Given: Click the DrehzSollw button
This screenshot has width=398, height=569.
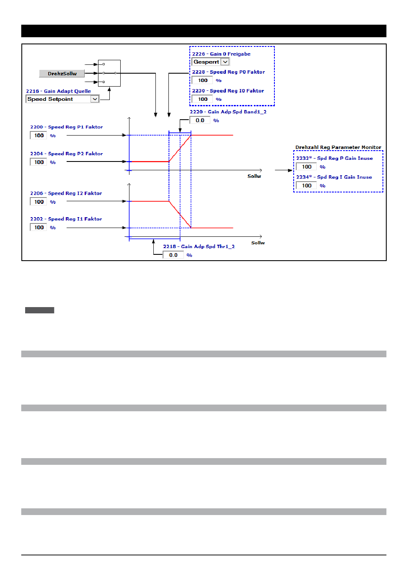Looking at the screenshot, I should coord(62,74).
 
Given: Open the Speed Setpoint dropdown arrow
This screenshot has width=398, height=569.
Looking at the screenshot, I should coord(95,99).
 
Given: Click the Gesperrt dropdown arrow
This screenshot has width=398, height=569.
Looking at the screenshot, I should coord(225,62).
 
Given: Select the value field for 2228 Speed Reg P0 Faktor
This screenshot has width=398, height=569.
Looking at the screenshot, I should coord(203,80).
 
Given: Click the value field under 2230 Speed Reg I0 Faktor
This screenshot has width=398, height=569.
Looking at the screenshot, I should coord(203,99).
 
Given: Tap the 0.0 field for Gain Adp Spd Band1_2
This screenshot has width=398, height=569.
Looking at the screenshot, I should coord(200,120).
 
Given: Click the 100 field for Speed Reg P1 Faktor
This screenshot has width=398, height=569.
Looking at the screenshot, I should coord(39,136).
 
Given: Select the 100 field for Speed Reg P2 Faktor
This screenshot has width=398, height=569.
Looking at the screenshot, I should coord(39,162).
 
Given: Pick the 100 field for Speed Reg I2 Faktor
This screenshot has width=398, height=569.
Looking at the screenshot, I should coord(39,202).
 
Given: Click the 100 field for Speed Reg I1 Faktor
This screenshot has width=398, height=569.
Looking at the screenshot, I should coord(39,228).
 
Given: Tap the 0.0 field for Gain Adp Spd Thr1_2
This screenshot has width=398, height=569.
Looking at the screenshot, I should coord(173,255).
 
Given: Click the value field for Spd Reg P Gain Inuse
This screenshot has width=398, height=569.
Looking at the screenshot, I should coord(307,167).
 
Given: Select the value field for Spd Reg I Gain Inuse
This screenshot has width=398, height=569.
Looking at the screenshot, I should coord(307,186).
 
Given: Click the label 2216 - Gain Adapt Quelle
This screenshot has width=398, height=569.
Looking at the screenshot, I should coord(58,91).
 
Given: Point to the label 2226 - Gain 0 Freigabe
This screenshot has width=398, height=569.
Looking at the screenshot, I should coord(221,54).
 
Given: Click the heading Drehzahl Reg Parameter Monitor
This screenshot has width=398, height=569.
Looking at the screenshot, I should coord(338,147).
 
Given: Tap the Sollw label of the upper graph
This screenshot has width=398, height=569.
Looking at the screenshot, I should coord(254,177).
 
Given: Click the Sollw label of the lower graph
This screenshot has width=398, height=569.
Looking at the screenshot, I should coord(258,243).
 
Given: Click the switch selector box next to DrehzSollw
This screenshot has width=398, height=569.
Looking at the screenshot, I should coord(109,73).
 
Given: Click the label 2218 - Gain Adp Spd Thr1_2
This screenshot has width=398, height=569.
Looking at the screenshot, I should coord(199,247).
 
